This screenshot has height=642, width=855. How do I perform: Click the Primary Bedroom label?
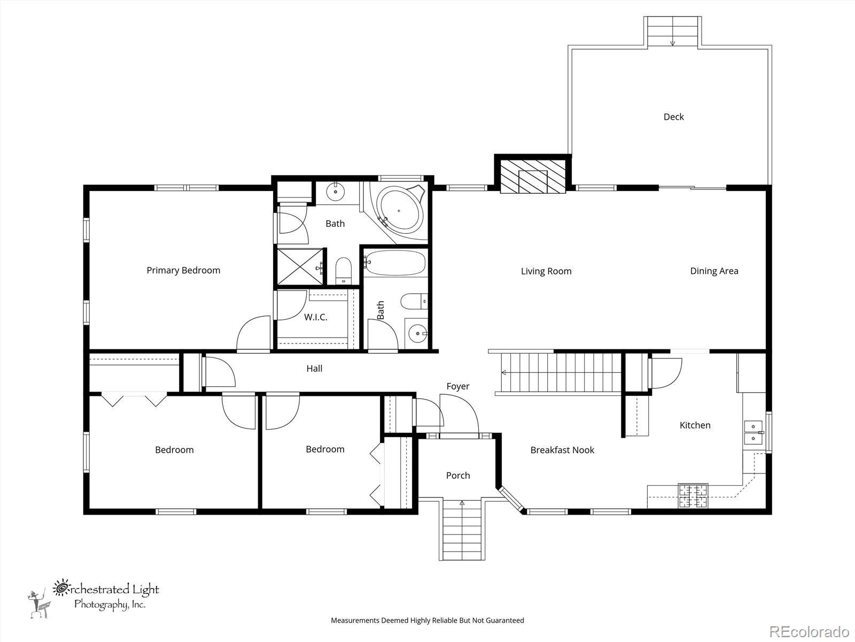coord(183,271)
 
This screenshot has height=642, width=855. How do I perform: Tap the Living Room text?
coord(546,271)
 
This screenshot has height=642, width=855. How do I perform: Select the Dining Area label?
coord(714,271)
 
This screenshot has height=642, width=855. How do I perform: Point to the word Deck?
coord(673,117)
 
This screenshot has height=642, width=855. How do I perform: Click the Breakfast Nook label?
coord(562,450)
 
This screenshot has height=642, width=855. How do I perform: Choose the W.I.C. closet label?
coord(315,317)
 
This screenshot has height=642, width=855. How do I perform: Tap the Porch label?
coord(458,476)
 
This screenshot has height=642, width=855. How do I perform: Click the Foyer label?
coord(457,386)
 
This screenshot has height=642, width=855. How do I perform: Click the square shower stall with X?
coord(300,267)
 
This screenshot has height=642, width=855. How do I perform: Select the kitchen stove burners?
coord(693,496)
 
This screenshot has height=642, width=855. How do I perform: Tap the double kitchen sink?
coord(753,433)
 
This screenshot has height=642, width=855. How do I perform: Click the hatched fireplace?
coord(533,177)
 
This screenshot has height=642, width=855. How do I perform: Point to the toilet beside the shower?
coord(343,271)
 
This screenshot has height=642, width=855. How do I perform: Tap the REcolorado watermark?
coord(809,631)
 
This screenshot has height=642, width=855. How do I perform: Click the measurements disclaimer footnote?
coord(428,620)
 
